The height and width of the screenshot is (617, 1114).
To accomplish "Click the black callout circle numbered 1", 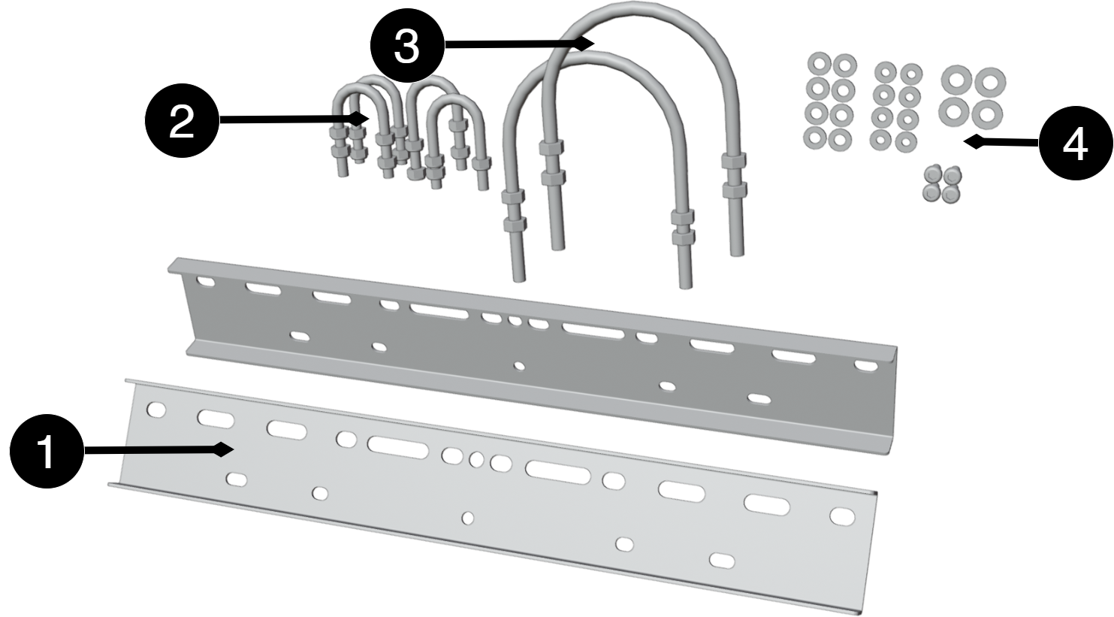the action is tap(47, 451).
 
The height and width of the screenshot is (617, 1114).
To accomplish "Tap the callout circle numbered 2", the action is tap(182, 120).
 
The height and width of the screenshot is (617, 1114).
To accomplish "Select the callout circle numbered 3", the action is tap(407, 45).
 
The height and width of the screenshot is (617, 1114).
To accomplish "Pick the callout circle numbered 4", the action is tap(1075, 144).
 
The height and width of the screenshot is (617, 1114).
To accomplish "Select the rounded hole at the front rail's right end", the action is tap(842, 516).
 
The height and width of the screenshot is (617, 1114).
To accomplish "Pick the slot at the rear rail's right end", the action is tap(866, 366).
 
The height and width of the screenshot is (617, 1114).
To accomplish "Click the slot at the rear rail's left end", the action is tap(205, 283).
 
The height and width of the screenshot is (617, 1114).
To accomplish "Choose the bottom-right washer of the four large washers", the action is tap(987, 114).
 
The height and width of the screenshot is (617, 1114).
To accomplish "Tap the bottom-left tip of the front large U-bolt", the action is tap(519, 280).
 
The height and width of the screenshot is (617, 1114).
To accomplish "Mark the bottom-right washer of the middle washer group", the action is tap(906, 142).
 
